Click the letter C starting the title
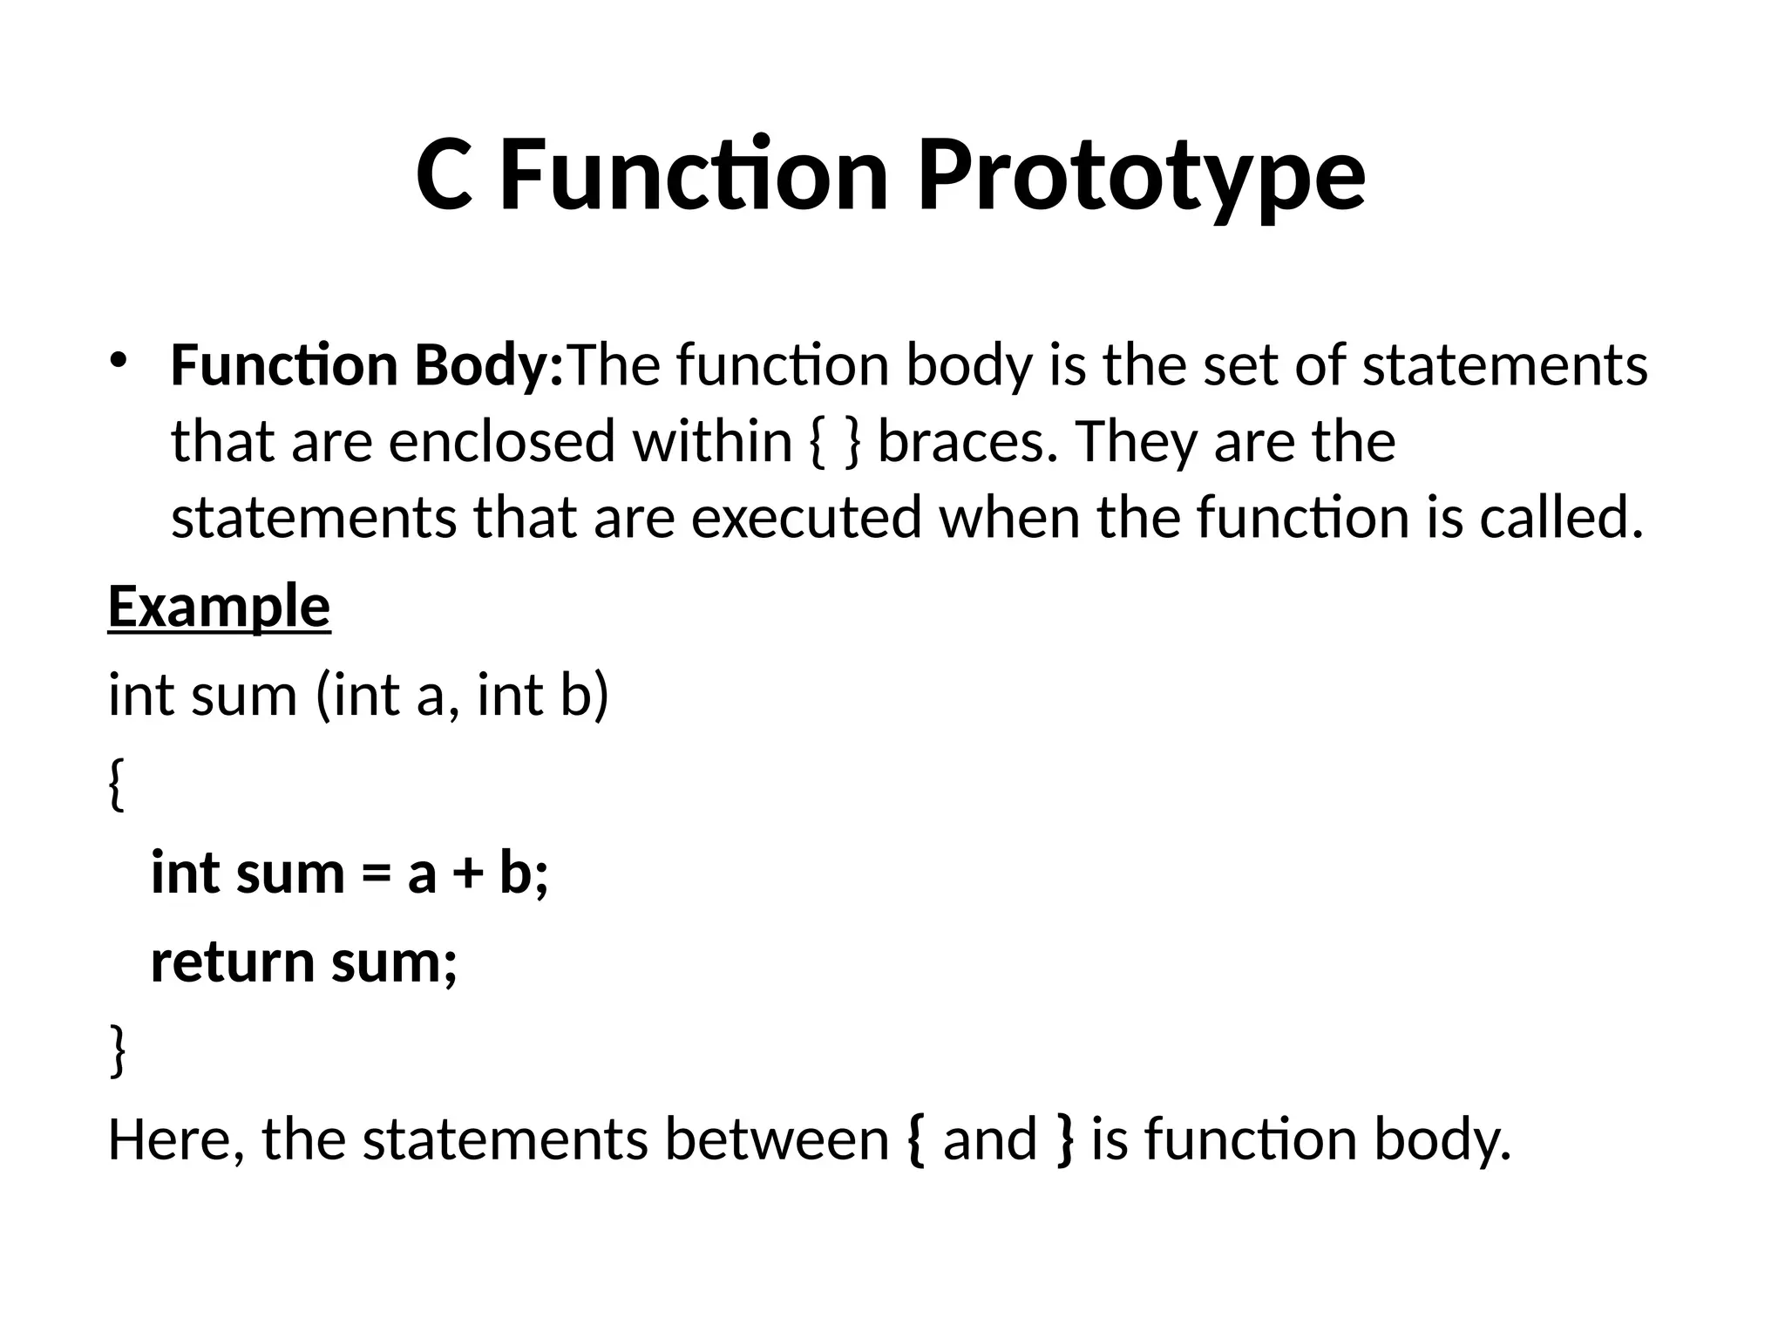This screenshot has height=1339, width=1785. pos(444,176)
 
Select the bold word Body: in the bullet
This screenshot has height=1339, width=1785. pos(489,366)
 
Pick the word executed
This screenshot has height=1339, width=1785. pos(805,517)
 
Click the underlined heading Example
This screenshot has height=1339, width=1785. pos(219,608)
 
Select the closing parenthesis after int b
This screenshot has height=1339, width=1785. pos(599,697)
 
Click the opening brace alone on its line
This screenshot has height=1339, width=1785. pos(117,785)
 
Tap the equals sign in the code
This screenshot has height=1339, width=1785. pos(376,873)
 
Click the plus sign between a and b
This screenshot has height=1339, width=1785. pos(468,873)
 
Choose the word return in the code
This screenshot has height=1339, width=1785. pos(232,962)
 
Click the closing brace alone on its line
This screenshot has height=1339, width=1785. pos(117,1051)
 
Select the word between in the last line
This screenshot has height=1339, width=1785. pos(777,1140)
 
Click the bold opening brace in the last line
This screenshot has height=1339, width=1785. pos(915,1140)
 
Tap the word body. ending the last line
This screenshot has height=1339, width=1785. pos(1442,1140)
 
